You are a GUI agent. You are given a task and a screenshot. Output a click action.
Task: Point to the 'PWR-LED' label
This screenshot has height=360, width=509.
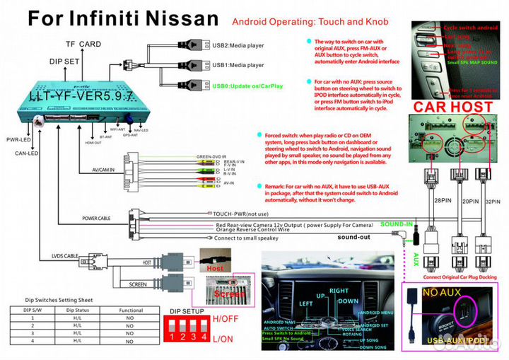[16, 139]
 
